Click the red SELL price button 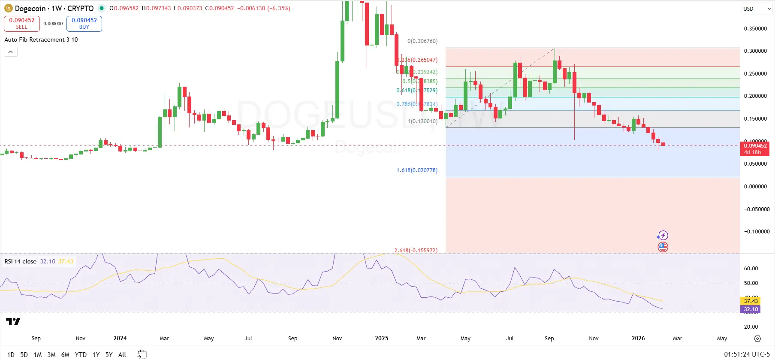click(22, 24)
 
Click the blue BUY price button click(84, 24)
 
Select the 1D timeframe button click(11, 354)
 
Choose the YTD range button click(81, 354)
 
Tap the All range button click(122, 354)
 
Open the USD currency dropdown click(757, 9)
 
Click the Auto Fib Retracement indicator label click(41, 39)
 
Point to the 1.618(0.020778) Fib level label click(417, 170)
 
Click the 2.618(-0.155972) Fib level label click(416, 250)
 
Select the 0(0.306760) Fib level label click(422, 41)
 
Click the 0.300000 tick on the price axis click(755, 51)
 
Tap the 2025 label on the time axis click(381, 338)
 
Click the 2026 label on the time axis click(638, 338)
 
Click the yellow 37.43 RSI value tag click(751, 301)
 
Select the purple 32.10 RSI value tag click(751, 309)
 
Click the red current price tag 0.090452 click(755, 148)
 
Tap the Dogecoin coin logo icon click(8, 8)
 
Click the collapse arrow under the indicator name click(11, 52)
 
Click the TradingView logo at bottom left click(13, 321)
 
